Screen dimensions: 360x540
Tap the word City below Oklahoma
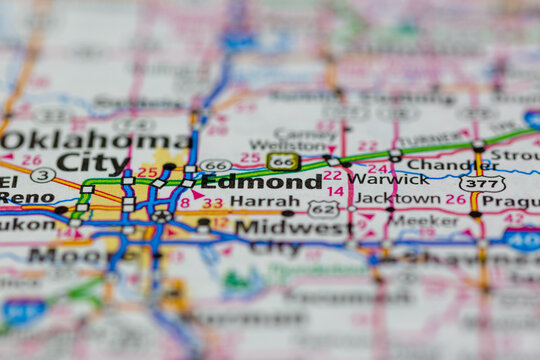pyautogui.click(x=92, y=161)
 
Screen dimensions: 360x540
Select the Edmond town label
pyautogui.click(x=262, y=182)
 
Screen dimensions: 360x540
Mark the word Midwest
pyautogui.click(x=293, y=227)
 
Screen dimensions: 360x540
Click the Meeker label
pyautogui.click(x=425, y=220)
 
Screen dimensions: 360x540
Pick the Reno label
pyautogui.click(x=27, y=197)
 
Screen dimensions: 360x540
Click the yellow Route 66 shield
pyautogui.click(x=283, y=161)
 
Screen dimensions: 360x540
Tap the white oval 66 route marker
pyautogui.click(x=215, y=165)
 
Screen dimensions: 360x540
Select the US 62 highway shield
pyautogui.click(x=323, y=208)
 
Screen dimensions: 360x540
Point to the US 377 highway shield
pyautogui.click(x=482, y=183)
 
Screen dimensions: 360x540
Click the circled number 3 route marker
pyautogui.click(x=42, y=175)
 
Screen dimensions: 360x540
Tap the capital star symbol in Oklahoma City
pyautogui.click(x=162, y=215)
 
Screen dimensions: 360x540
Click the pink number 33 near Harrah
pyautogui.click(x=213, y=202)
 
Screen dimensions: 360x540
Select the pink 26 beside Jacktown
pyautogui.click(x=456, y=199)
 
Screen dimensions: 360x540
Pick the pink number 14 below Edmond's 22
pyautogui.click(x=335, y=191)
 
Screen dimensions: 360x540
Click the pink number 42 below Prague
pyautogui.click(x=514, y=218)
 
